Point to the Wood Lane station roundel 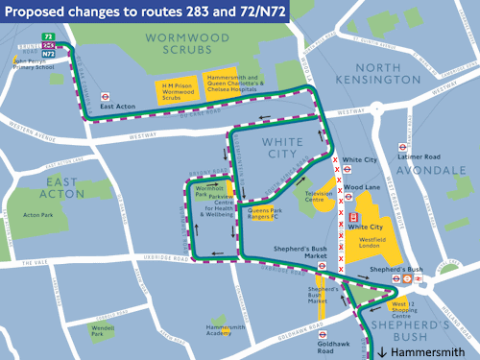click(351, 191)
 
